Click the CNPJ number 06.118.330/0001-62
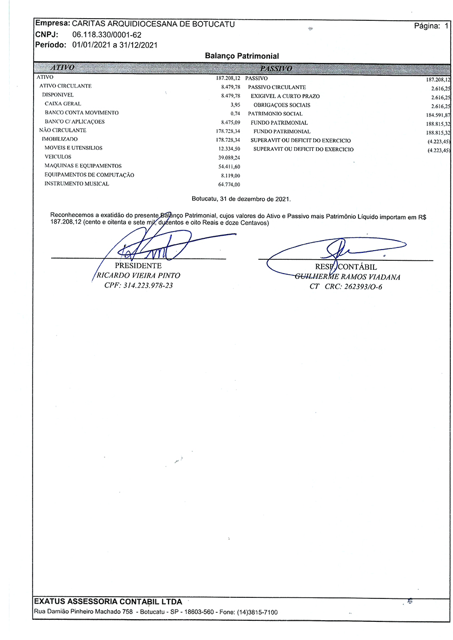[107, 35]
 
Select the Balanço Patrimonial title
[242, 56]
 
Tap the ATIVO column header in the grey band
[62, 68]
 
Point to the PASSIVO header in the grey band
[275, 68]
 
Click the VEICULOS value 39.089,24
[229, 157]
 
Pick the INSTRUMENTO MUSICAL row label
[77, 183]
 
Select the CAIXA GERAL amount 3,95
[236, 104]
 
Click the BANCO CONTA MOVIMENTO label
[82, 113]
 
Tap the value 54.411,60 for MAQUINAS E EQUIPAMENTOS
[229, 166]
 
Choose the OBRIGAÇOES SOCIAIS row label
[282, 105]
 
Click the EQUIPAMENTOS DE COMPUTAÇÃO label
[89, 175]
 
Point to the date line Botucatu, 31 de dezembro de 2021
[241, 199]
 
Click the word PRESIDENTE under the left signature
[138, 266]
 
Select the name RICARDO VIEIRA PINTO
[138, 276]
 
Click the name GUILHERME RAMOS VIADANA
[347, 277]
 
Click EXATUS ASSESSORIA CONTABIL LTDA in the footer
[108, 602]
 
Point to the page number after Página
[446, 26]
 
